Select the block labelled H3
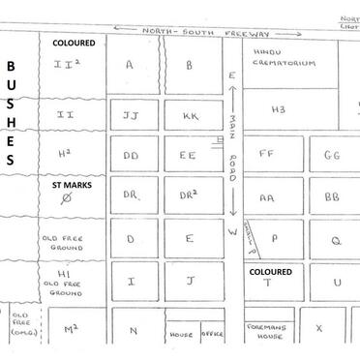tap(278, 109)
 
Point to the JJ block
tap(133, 114)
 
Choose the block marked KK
tap(189, 114)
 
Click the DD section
tap(133, 154)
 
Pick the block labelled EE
tap(189, 154)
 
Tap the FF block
tap(267, 153)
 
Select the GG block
tap(331, 153)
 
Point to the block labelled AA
tap(267, 195)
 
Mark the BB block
tap(331, 195)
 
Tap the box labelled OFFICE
tap(213, 334)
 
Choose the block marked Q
tap(337, 238)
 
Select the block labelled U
tap(337, 282)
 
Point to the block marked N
tap(134, 330)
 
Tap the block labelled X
tap(317, 328)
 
